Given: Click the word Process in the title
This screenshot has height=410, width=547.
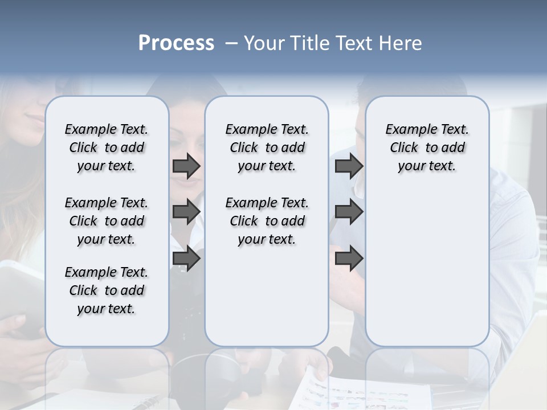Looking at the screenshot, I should tap(176, 43).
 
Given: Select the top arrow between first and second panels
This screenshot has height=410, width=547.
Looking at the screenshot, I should tap(186, 166).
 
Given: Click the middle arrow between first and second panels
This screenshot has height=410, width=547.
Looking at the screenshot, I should tap(186, 212).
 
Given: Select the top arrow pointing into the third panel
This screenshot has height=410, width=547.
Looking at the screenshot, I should tap(349, 166).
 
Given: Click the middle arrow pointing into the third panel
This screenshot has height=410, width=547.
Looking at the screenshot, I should tap(349, 212).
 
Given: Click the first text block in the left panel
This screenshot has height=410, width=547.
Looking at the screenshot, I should tap(107, 147).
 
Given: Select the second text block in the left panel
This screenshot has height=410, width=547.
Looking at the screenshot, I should tap(107, 221).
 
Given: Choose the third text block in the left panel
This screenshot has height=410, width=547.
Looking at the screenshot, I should tap(107, 290).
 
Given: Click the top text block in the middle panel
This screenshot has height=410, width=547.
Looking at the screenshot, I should tap(267, 147).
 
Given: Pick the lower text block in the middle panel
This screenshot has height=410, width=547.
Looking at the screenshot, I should tap(267, 221).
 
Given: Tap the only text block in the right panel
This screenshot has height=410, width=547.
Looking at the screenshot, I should tap(427, 147).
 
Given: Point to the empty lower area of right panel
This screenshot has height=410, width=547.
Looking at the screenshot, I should tap(427, 268).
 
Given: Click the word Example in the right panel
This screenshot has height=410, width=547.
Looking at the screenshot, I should tap(407, 130).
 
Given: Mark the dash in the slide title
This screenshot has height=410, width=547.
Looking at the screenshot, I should tap(232, 43).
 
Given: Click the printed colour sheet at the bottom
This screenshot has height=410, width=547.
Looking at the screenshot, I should tap(365, 393).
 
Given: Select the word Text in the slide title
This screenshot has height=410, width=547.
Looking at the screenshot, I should tap(352, 43).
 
